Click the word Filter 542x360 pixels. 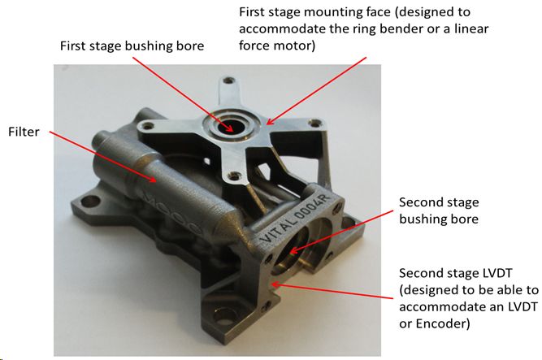[x=24, y=132]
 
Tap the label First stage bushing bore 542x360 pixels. [x=132, y=46]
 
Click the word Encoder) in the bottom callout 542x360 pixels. [x=443, y=323]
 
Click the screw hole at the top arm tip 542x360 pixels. [x=228, y=80]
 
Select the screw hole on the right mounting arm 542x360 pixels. [x=315, y=123]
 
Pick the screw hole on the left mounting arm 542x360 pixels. [x=147, y=126]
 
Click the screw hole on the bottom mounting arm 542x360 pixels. [x=235, y=176]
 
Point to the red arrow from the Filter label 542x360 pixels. [x=102, y=156]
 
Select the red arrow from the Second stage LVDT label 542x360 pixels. [x=332, y=290]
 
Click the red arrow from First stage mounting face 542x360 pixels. [x=316, y=91]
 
